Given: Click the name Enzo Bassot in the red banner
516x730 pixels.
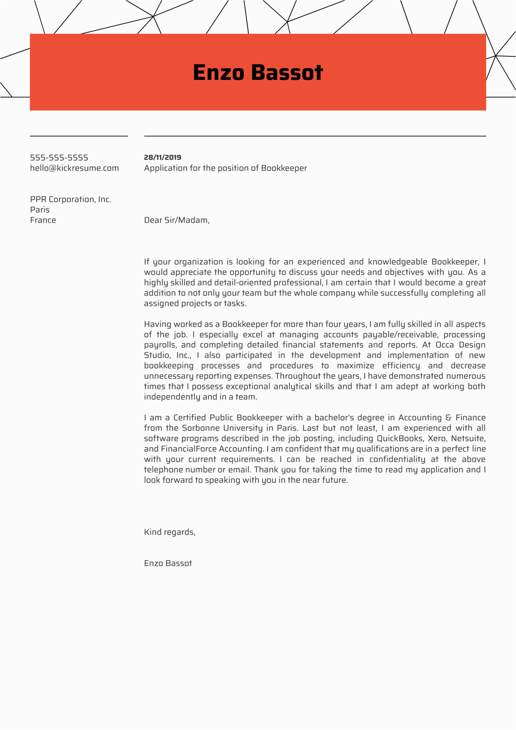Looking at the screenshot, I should pos(258,72).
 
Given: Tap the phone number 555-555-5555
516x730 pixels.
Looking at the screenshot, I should pos(59,157).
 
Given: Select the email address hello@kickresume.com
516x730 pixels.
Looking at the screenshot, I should pos(75,168).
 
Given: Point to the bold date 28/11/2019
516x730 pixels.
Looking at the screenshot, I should pos(162,157).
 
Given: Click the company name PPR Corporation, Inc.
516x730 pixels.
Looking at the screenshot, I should pos(71,199).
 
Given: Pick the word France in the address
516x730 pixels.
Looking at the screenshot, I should pos(43,220).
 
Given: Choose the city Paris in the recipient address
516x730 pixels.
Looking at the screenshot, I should pos(40,210).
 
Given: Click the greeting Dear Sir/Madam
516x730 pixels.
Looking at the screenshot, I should pos(176,220).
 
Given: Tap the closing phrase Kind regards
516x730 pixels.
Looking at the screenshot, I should pos(169,532).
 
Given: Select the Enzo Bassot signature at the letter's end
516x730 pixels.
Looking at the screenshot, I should pos(168,563).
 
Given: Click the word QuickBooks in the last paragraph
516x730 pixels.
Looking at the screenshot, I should pos(400,438).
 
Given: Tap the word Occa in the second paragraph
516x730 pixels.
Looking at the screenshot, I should pos(445,345).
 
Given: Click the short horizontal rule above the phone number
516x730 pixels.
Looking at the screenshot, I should pos(79,136).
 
